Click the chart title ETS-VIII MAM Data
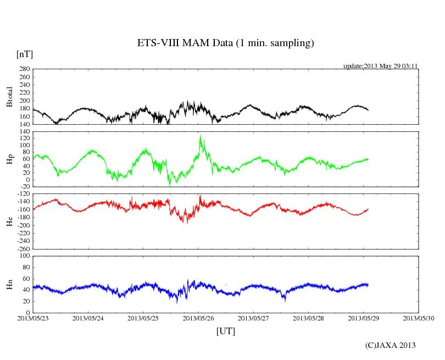point(225,43)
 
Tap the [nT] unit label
point(25,54)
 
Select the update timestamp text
point(381,66)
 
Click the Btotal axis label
point(9,97)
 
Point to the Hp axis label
point(9,159)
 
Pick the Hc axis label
point(9,221)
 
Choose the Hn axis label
point(9,284)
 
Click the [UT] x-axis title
point(225,331)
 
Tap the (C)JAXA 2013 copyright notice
point(391,345)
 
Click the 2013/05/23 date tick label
point(33,318)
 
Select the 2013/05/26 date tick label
point(198,318)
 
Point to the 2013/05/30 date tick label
point(419,318)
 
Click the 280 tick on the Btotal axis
point(24,69)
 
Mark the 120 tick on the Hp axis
point(24,138)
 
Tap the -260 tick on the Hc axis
point(23,248)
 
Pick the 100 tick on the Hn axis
point(24,256)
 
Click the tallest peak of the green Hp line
point(201,135)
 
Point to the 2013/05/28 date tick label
point(309,318)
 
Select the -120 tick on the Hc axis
point(23,195)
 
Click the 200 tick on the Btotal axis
point(24,101)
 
